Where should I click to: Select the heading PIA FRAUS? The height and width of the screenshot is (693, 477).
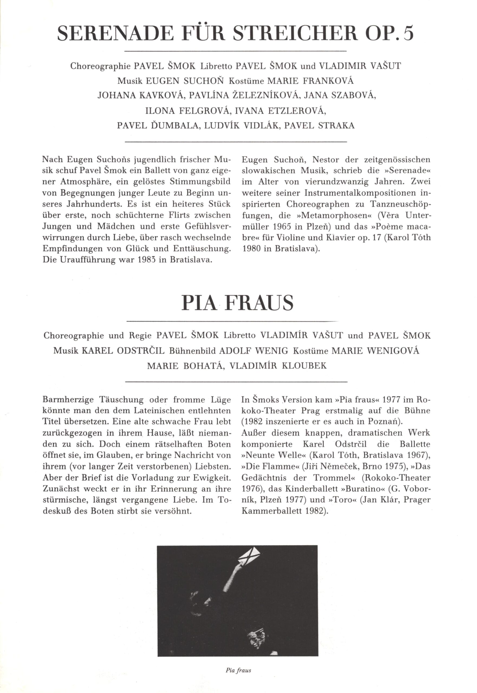point(238,303)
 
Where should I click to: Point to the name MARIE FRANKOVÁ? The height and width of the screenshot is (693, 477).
point(310,81)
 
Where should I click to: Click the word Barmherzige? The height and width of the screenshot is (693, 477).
point(69,400)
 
